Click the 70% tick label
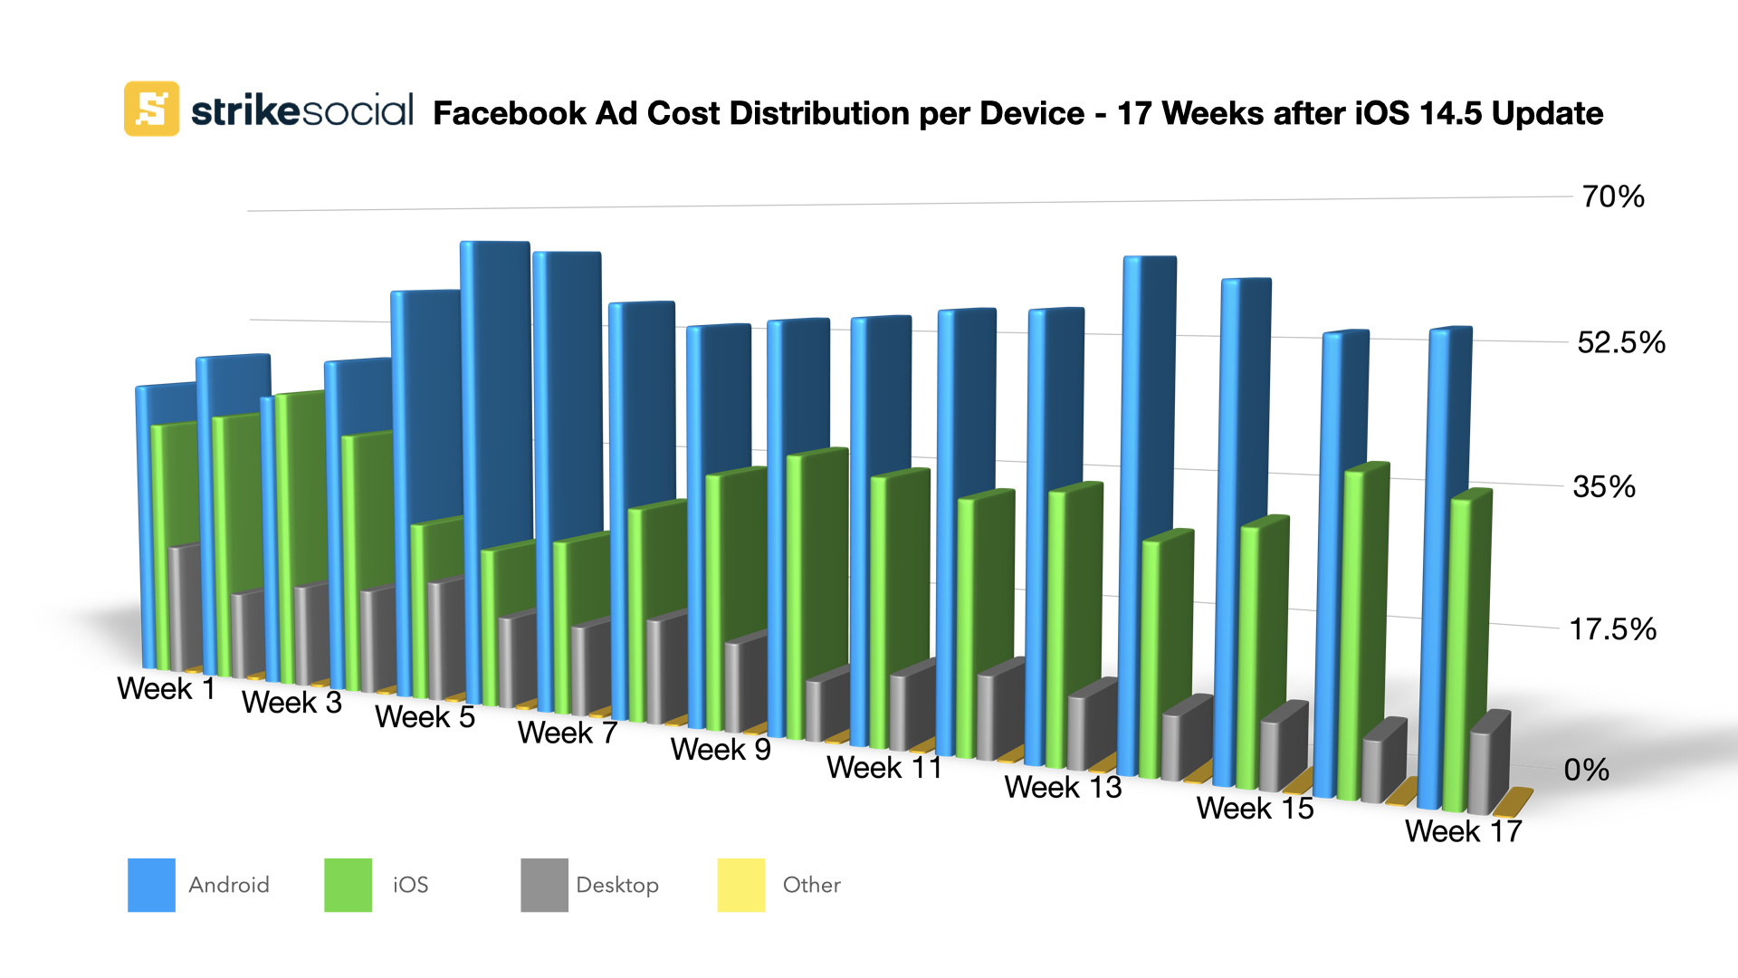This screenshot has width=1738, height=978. click(1612, 197)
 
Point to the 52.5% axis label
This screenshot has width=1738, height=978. click(1620, 342)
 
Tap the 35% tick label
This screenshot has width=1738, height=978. click(1604, 487)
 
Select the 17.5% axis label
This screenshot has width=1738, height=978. click(1612, 629)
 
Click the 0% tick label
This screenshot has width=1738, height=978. click(1586, 770)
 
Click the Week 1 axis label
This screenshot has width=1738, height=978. click(167, 689)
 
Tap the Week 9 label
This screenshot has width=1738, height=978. click(721, 750)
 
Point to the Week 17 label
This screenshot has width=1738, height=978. click(1463, 831)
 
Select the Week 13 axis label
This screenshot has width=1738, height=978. click(1063, 788)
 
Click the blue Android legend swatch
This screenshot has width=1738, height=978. click(151, 885)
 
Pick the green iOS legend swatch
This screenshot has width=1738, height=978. click(348, 885)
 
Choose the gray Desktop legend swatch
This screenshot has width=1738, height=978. click(544, 885)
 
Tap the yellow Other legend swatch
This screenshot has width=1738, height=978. click(740, 885)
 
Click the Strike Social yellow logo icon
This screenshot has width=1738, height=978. click(151, 109)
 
